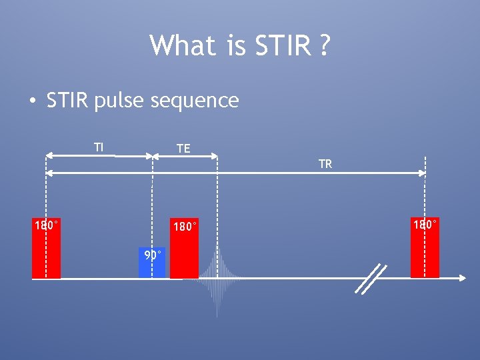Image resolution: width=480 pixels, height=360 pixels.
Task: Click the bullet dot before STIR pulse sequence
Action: click(31, 101)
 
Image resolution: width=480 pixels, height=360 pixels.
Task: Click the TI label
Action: click(99, 147)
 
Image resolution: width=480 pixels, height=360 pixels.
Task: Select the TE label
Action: click(183, 149)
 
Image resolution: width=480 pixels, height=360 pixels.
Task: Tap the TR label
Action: click(325, 164)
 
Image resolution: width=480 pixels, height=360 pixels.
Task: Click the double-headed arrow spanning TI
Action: click(99, 156)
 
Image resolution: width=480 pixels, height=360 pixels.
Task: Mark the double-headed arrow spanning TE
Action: click(185, 157)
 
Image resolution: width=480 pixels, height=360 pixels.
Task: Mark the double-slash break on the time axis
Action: click(371, 279)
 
